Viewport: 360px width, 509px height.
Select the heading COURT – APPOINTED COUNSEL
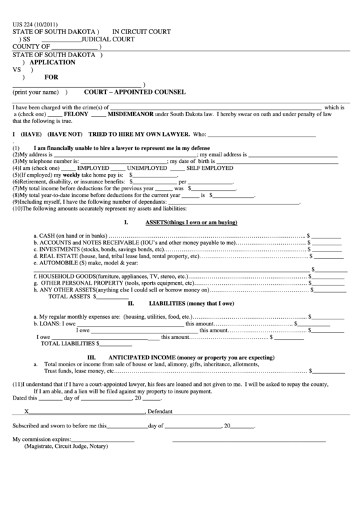click(x=134, y=92)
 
